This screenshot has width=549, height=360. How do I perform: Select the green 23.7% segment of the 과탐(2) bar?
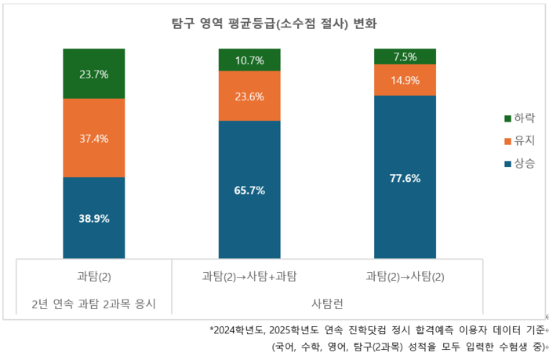[x=94, y=74]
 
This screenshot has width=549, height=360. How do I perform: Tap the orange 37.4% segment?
[x=94, y=138]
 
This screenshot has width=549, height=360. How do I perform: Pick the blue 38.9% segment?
[x=94, y=218]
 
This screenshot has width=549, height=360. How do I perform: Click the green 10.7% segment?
[x=249, y=60]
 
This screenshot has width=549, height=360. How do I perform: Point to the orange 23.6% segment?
[x=249, y=96]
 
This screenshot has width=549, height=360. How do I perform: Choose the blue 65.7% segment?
[x=249, y=190]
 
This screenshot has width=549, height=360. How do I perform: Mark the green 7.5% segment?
[x=405, y=56]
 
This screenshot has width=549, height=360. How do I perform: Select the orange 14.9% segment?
[x=405, y=80]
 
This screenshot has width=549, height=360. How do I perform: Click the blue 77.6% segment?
[x=405, y=177]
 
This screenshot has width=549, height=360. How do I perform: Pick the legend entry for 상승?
[x=519, y=164]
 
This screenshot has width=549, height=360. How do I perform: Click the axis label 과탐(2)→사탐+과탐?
[x=249, y=276]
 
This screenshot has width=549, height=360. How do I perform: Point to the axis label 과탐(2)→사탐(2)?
[x=405, y=276]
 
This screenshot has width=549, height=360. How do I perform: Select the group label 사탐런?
[x=327, y=303]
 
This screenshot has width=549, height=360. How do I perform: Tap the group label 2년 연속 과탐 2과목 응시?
[x=94, y=303]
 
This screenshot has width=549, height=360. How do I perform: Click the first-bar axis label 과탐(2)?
[x=94, y=276]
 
